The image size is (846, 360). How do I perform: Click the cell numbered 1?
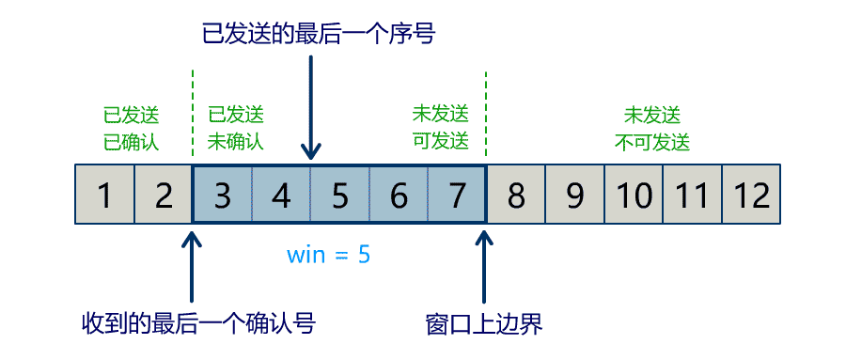click(104, 195)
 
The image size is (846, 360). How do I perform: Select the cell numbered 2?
click(164, 195)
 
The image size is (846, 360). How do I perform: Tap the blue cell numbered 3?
click(223, 195)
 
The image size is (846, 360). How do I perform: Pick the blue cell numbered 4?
click(281, 195)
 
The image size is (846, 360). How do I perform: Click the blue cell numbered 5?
click(339, 195)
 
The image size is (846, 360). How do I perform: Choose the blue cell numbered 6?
click(399, 195)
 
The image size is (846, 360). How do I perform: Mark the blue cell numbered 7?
click(457, 195)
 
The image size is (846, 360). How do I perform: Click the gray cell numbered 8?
click(516, 195)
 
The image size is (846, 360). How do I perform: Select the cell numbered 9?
click(574, 195)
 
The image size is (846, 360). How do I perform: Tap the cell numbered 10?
click(634, 195)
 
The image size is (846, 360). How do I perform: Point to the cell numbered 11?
click(692, 195)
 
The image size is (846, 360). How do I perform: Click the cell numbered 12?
click(751, 195)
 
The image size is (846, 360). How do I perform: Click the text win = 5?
click(328, 254)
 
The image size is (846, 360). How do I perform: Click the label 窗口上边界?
click(484, 324)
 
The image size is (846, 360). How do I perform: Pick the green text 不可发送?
click(652, 143)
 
